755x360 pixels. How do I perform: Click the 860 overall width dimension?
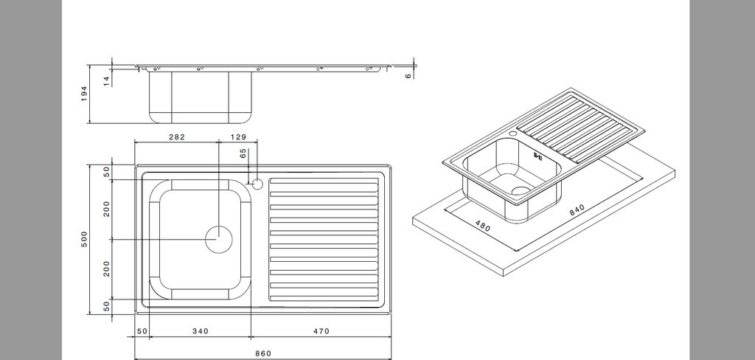coord(263,353)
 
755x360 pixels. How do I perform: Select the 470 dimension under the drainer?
coord(321,331)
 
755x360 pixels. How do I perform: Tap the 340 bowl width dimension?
coord(201,331)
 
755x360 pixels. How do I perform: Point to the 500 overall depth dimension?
coord(84,239)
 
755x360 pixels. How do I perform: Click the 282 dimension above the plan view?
coord(177,137)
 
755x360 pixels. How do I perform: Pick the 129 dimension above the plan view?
coord(238,137)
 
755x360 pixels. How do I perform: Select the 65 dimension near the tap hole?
coord(243,153)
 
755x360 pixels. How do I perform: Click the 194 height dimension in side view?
coord(84,94)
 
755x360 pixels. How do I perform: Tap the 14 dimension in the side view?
coord(106,81)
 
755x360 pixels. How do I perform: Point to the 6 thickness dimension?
coord(408,76)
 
